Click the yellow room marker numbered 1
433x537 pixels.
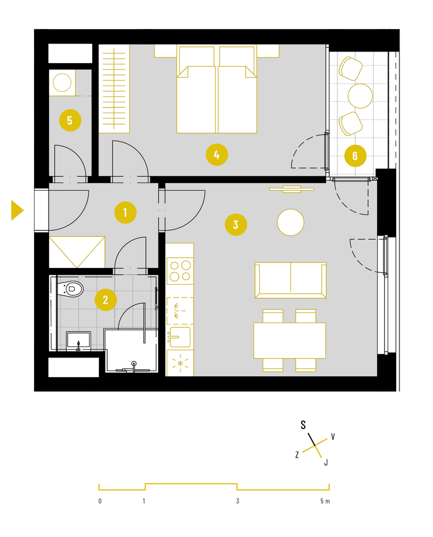click(x=125, y=213)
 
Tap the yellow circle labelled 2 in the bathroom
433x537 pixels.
click(x=106, y=300)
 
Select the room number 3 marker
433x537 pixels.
click(x=236, y=225)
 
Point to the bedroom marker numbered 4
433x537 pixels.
click(x=217, y=155)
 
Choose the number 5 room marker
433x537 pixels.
click(x=70, y=120)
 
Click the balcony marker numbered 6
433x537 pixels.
click(x=355, y=156)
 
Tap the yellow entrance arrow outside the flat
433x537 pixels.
click(x=17, y=210)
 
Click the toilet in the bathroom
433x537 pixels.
click(x=70, y=289)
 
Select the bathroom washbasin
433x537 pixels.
click(x=78, y=341)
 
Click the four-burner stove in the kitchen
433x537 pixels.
click(x=180, y=271)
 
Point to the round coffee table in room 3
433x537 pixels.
click(x=291, y=222)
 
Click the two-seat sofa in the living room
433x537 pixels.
click(x=291, y=280)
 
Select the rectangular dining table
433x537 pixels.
click(x=290, y=341)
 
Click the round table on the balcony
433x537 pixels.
click(x=360, y=96)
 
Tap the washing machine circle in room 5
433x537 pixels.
click(x=62, y=83)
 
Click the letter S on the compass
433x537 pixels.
click(x=303, y=425)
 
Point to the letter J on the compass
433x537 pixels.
click(x=326, y=463)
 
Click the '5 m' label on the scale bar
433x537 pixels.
click(x=325, y=501)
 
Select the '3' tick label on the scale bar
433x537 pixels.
click(x=237, y=501)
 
